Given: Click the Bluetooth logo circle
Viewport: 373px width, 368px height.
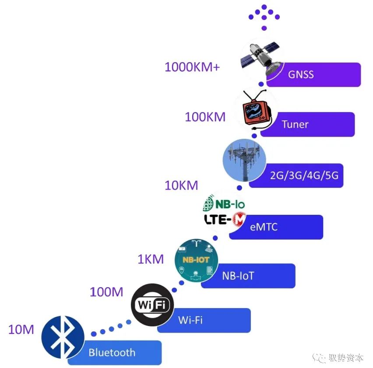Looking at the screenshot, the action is pyautogui.click(x=63, y=337).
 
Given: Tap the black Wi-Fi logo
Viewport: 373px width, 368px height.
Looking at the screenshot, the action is pyautogui.click(x=152, y=305).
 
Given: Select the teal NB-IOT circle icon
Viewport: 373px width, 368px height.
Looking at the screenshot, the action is pyautogui.click(x=196, y=260).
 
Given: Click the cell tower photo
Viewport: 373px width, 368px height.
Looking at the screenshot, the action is pyautogui.click(x=244, y=161).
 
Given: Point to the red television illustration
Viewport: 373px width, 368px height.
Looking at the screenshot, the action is pyautogui.click(x=257, y=109).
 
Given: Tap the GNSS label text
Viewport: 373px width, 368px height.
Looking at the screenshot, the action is pyautogui.click(x=301, y=74).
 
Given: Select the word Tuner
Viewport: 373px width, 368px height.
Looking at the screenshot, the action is pyautogui.click(x=295, y=124).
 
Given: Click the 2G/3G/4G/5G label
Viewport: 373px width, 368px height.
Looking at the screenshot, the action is pyautogui.click(x=304, y=175).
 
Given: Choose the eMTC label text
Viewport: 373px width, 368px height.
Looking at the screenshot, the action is pyautogui.click(x=264, y=227).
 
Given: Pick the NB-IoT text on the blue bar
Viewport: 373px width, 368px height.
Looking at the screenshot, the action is pyautogui.click(x=238, y=276).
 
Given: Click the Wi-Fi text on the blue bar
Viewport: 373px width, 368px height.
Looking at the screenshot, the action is pyautogui.click(x=190, y=320).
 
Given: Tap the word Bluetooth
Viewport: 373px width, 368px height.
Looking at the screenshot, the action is pyautogui.click(x=112, y=352).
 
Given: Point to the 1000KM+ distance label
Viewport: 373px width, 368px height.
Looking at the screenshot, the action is pyautogui.click(x=192, y=67).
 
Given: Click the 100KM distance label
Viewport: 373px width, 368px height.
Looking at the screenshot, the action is pyautogui.click(x=205, y=117).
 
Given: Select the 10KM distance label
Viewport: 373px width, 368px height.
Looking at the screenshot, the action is pyautogui.click(x=181, y=185).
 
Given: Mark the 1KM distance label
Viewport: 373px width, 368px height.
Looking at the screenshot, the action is pyautogui.click(x=151, y=259).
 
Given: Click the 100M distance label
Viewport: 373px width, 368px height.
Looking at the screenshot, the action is pyautogui.click(x=106, y=292).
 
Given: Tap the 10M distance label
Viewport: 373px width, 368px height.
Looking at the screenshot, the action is pyautogui.click(x=21, y=329).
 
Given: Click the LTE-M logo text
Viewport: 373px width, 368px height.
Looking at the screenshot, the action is pyautogui.click(x=225, y=219).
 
